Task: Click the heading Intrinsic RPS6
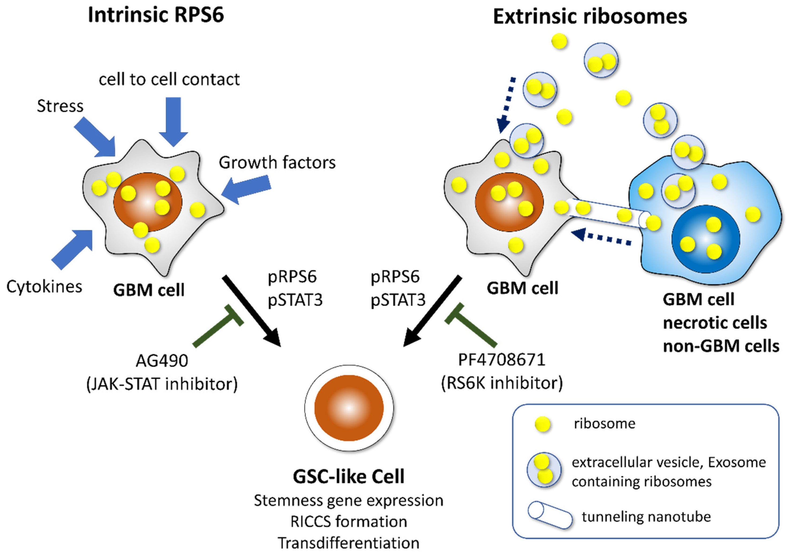156,15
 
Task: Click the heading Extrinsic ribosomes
590,17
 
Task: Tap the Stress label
60,106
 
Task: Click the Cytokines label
44,286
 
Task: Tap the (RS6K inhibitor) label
502,383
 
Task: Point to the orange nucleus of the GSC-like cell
349,408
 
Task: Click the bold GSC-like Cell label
348,477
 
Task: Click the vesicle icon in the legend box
544,469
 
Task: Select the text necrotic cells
715,323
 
